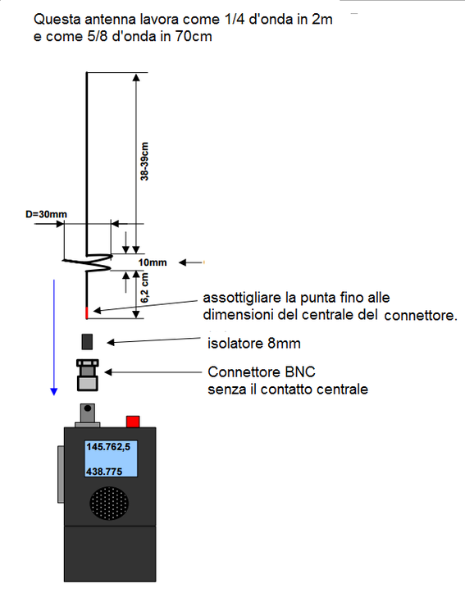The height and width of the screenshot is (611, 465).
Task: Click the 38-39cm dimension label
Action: (144, 162)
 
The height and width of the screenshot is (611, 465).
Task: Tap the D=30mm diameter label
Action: (47, 214)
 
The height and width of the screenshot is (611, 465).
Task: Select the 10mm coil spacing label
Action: (153, 262)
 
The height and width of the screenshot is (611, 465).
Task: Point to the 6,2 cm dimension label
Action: (144, 288)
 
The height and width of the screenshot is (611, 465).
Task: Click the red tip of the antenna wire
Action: (87, 312)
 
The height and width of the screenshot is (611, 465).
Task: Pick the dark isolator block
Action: (87, 342)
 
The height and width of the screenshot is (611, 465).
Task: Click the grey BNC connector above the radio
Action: (87, 375)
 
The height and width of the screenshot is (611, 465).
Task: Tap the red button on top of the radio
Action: (133, 422)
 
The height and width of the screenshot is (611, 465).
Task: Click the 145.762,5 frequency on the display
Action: (108, 447)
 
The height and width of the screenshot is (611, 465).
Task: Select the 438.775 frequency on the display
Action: (104, 472)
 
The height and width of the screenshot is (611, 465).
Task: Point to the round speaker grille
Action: (109, 503)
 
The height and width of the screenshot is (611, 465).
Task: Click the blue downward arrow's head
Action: (54, 392)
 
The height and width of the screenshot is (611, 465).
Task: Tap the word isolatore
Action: (235, 344)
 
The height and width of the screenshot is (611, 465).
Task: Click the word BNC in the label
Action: (300, 372)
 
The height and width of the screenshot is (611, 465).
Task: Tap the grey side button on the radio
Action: (61, 474)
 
